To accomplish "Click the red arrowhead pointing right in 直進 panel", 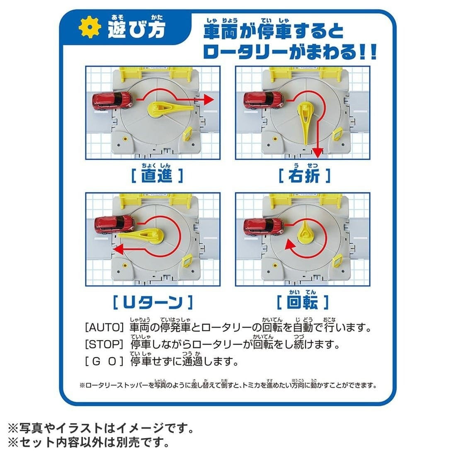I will tap(209, 100).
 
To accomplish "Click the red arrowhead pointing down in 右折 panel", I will tap(317, 154).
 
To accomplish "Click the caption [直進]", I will tap(156, 176).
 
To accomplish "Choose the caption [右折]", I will tap(305, 176).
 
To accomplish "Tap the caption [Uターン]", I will tap(153, 302).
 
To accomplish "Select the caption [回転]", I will tap(303, 302).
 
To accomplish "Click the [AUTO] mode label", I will tap(104, 328).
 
